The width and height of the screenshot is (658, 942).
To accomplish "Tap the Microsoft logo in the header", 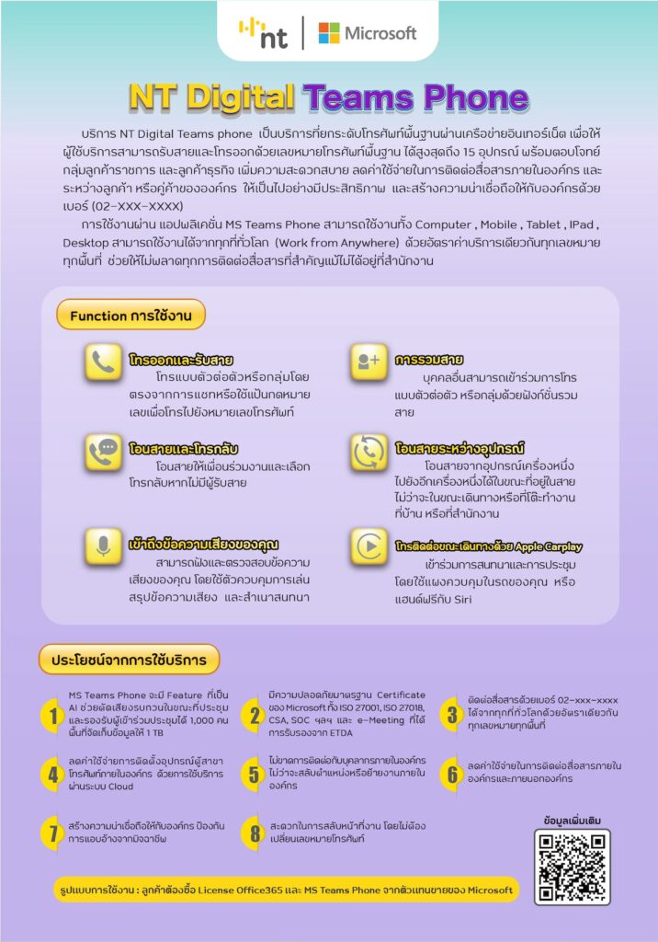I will pyautogui.click(x=367, y=33).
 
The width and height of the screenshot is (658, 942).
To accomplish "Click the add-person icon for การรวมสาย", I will pyautogui.click(x=369, y=362).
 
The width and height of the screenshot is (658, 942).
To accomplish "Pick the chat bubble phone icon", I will pyautogui.click(x=104, y=453).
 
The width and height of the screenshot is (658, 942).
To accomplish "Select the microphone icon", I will pyautogui.click(x=104, y=546).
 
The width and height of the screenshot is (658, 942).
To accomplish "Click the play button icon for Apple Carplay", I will pyautogui.click(x=369, y=547).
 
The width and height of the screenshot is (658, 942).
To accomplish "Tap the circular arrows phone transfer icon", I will pyautogui.click(x=369, y=453).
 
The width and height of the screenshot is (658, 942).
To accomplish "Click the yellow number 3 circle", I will pyautogui.click(x=451, y=714).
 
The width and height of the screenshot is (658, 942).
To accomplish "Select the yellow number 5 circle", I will pyautogui.click(x=253, y=774).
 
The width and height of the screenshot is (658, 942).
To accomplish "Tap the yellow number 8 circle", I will pyautogui.click(x=253, y=833).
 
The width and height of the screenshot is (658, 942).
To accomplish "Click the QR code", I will pyautogui.click(x=572, y=867).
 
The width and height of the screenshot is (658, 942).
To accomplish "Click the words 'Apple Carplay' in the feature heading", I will pyautogui.click(x=543, y=546).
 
